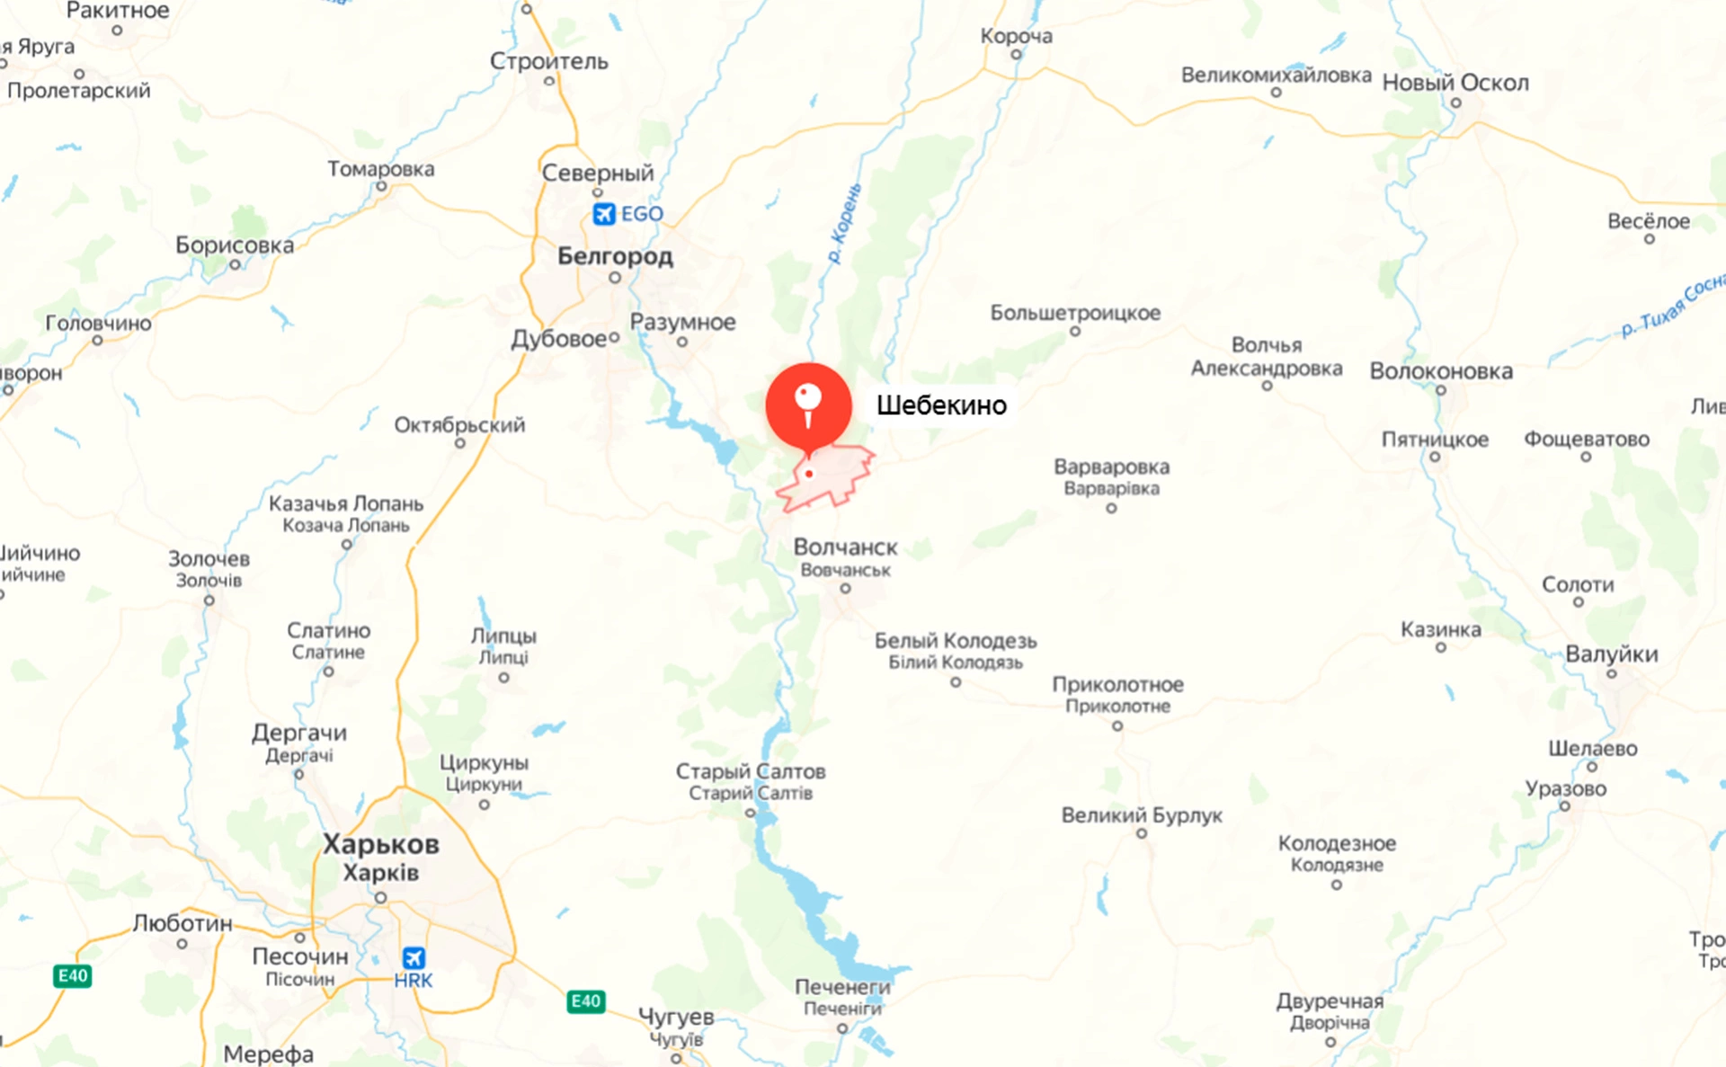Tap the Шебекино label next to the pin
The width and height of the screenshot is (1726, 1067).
click(x=941, y=405)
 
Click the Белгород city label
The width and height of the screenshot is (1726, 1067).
click(x=615, y=256)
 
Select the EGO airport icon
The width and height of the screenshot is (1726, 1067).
click(x=604, y=214)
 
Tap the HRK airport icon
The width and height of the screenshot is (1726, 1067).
click(x=414, y=957)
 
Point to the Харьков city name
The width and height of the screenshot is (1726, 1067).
click(x=381, y=845)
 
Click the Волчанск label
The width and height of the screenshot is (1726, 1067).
click(x=845, y=547)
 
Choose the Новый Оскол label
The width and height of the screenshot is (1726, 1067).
click(x=1455, y=83)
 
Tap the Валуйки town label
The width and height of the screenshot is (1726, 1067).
click(x=1611, y=654)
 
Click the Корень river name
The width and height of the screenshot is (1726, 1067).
click(x=845, y=223)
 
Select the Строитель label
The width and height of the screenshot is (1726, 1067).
click(x=548, y=61)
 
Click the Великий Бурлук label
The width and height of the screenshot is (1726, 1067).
click(x=1142, y=815)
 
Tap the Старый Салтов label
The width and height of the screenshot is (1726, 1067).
click(x=751, y=771)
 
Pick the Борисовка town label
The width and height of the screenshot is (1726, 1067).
click(x=235, y=245)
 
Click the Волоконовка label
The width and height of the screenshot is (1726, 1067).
click(x=1441, y=371)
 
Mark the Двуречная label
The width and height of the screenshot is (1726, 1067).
click(x=1330, y=1000)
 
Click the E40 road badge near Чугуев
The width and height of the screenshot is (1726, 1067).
click(x=586, y=1001)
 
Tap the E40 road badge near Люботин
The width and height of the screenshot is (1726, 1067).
click(x=72, y=976)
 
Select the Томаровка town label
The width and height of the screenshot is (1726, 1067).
click(x=381, y=169)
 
